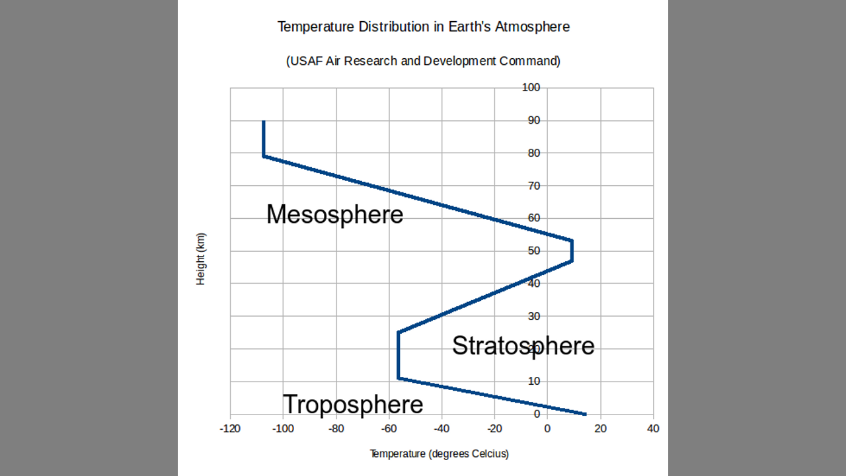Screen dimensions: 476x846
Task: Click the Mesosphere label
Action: tap(334, 214)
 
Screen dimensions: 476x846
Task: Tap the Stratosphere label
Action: tap(523, 346)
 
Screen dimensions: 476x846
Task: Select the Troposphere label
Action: tap(353, 404)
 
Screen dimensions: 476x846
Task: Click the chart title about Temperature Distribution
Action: tap(423, 27)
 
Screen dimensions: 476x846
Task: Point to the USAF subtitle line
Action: tap(423, 61)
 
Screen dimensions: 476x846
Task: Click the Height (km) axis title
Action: tap(201, 258)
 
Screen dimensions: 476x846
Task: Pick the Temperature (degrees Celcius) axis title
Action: tap(439, 454)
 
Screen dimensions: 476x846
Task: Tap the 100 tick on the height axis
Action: tap(531, 88)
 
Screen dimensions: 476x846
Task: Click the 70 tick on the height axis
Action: tap(533, 186)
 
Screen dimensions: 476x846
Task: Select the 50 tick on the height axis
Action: tap(533, 251)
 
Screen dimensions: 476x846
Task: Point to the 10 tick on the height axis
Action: tap(533, 381)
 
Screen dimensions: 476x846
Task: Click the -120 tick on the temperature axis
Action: tap(230, 428)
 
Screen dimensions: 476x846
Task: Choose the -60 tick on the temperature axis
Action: tap(389, 428)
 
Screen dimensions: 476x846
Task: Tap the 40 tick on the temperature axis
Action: tap(653, 428)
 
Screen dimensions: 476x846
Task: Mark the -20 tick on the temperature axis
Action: tap(494, 428)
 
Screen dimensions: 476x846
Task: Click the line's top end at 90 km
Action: tap(264, 122)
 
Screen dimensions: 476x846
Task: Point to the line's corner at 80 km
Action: tap(264, 156)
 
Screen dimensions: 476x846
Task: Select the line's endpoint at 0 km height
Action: tap(585, 414)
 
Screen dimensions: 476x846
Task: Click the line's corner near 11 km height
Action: tap(398, 378)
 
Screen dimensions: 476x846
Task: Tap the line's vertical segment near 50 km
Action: tap(572, 251)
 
